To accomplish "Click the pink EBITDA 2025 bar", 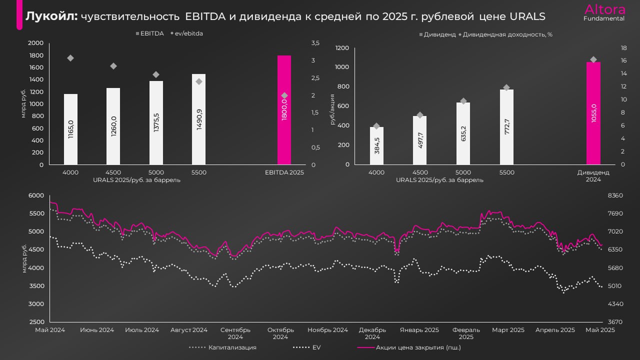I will pyautogui.click(x=284, y=110).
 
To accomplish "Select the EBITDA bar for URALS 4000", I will pyautogui.click(x=70, y=129).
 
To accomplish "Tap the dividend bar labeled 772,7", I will pyautogui.click(x=506, y=127).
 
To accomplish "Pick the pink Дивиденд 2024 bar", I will pyautogui.click(x=593, y=113).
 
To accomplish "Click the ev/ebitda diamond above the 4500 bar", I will pyautogui.click(x=113, y=66).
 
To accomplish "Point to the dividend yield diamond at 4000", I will pyautogui.click(x=376, y=126).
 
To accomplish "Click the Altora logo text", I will pyautogui.click(x=604, y=9).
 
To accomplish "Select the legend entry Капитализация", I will pyautogui.click(x=232, y=347).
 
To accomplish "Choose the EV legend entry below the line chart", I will pyautogui.click(x=316, y=347).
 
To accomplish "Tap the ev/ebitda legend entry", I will pyautogui.click(x=189, y=33).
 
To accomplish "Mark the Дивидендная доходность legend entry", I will pyautogui.click(x=507, y=34).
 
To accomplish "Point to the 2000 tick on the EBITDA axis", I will pyautogui.click(x=36, y=43).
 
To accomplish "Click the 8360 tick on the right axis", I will pyautogui.click(x=614, y=195).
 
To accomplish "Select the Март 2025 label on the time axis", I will pyautogui.click(x=508, y=330).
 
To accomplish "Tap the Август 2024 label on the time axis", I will pyautogui.click(x=188, y=330).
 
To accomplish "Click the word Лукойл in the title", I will pyautogui.click(x=51, y=16).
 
